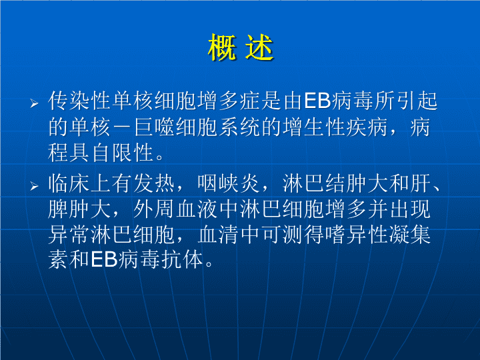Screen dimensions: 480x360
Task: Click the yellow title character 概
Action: [223, 48]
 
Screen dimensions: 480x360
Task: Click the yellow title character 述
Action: [259, 48]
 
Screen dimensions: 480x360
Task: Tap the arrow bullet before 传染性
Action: [34, 103]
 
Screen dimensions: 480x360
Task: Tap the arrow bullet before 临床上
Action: [34, 186]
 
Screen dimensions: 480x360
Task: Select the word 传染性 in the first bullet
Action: [79, 101]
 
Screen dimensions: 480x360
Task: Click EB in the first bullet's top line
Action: [317, 101]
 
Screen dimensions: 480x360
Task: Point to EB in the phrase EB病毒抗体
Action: [104, 259]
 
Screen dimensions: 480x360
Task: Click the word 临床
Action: [69, 184]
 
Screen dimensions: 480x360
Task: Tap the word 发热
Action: [154, 184]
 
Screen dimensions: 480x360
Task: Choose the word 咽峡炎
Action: [229, 184]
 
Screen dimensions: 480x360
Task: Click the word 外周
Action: [154, 209]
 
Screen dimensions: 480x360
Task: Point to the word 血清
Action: [218, 235]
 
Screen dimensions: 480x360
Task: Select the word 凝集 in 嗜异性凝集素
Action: [410, 235]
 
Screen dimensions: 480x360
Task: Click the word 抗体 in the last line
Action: [182, 259]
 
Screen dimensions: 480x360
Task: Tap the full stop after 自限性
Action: [159, 157]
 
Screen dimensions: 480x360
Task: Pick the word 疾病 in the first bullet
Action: [367, 127]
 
